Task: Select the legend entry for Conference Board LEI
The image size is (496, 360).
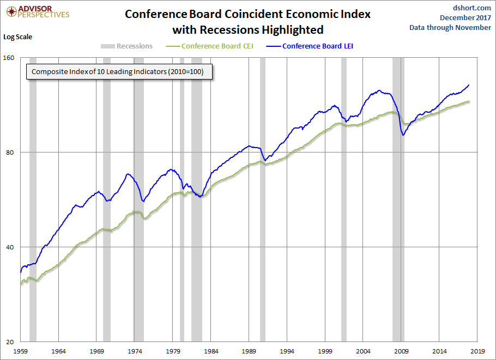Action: point(317,46)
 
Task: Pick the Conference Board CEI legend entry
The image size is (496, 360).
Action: point(217,46)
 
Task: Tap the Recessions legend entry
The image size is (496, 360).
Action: point(134,46)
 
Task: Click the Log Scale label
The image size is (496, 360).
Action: point(18,37)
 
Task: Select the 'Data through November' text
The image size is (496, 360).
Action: point(450,28)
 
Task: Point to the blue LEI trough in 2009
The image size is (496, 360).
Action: point(403,135)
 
